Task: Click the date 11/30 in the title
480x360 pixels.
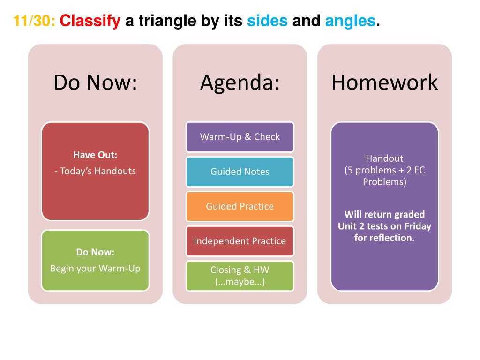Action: [x=34, y=21]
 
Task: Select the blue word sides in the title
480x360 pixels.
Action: [x=267, y=21]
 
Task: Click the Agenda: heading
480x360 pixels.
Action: [x=240, y=82]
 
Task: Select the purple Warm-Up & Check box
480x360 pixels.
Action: [x=240, y=137]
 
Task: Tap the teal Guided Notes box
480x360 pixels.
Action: [x=240, y=172]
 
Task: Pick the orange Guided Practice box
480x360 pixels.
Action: [x=240, y=206]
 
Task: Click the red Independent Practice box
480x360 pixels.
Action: [x=240, y=241]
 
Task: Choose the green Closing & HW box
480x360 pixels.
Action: [x=240, y=276]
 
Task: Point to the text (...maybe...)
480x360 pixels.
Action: [x=240, y=282]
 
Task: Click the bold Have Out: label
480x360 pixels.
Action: [x=95, y=155]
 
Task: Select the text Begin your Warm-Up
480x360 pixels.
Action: [x=95, y=269]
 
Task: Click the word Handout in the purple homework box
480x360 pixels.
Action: [x=384, y=158]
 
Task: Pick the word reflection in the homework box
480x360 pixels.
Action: [x=393, y=238]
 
